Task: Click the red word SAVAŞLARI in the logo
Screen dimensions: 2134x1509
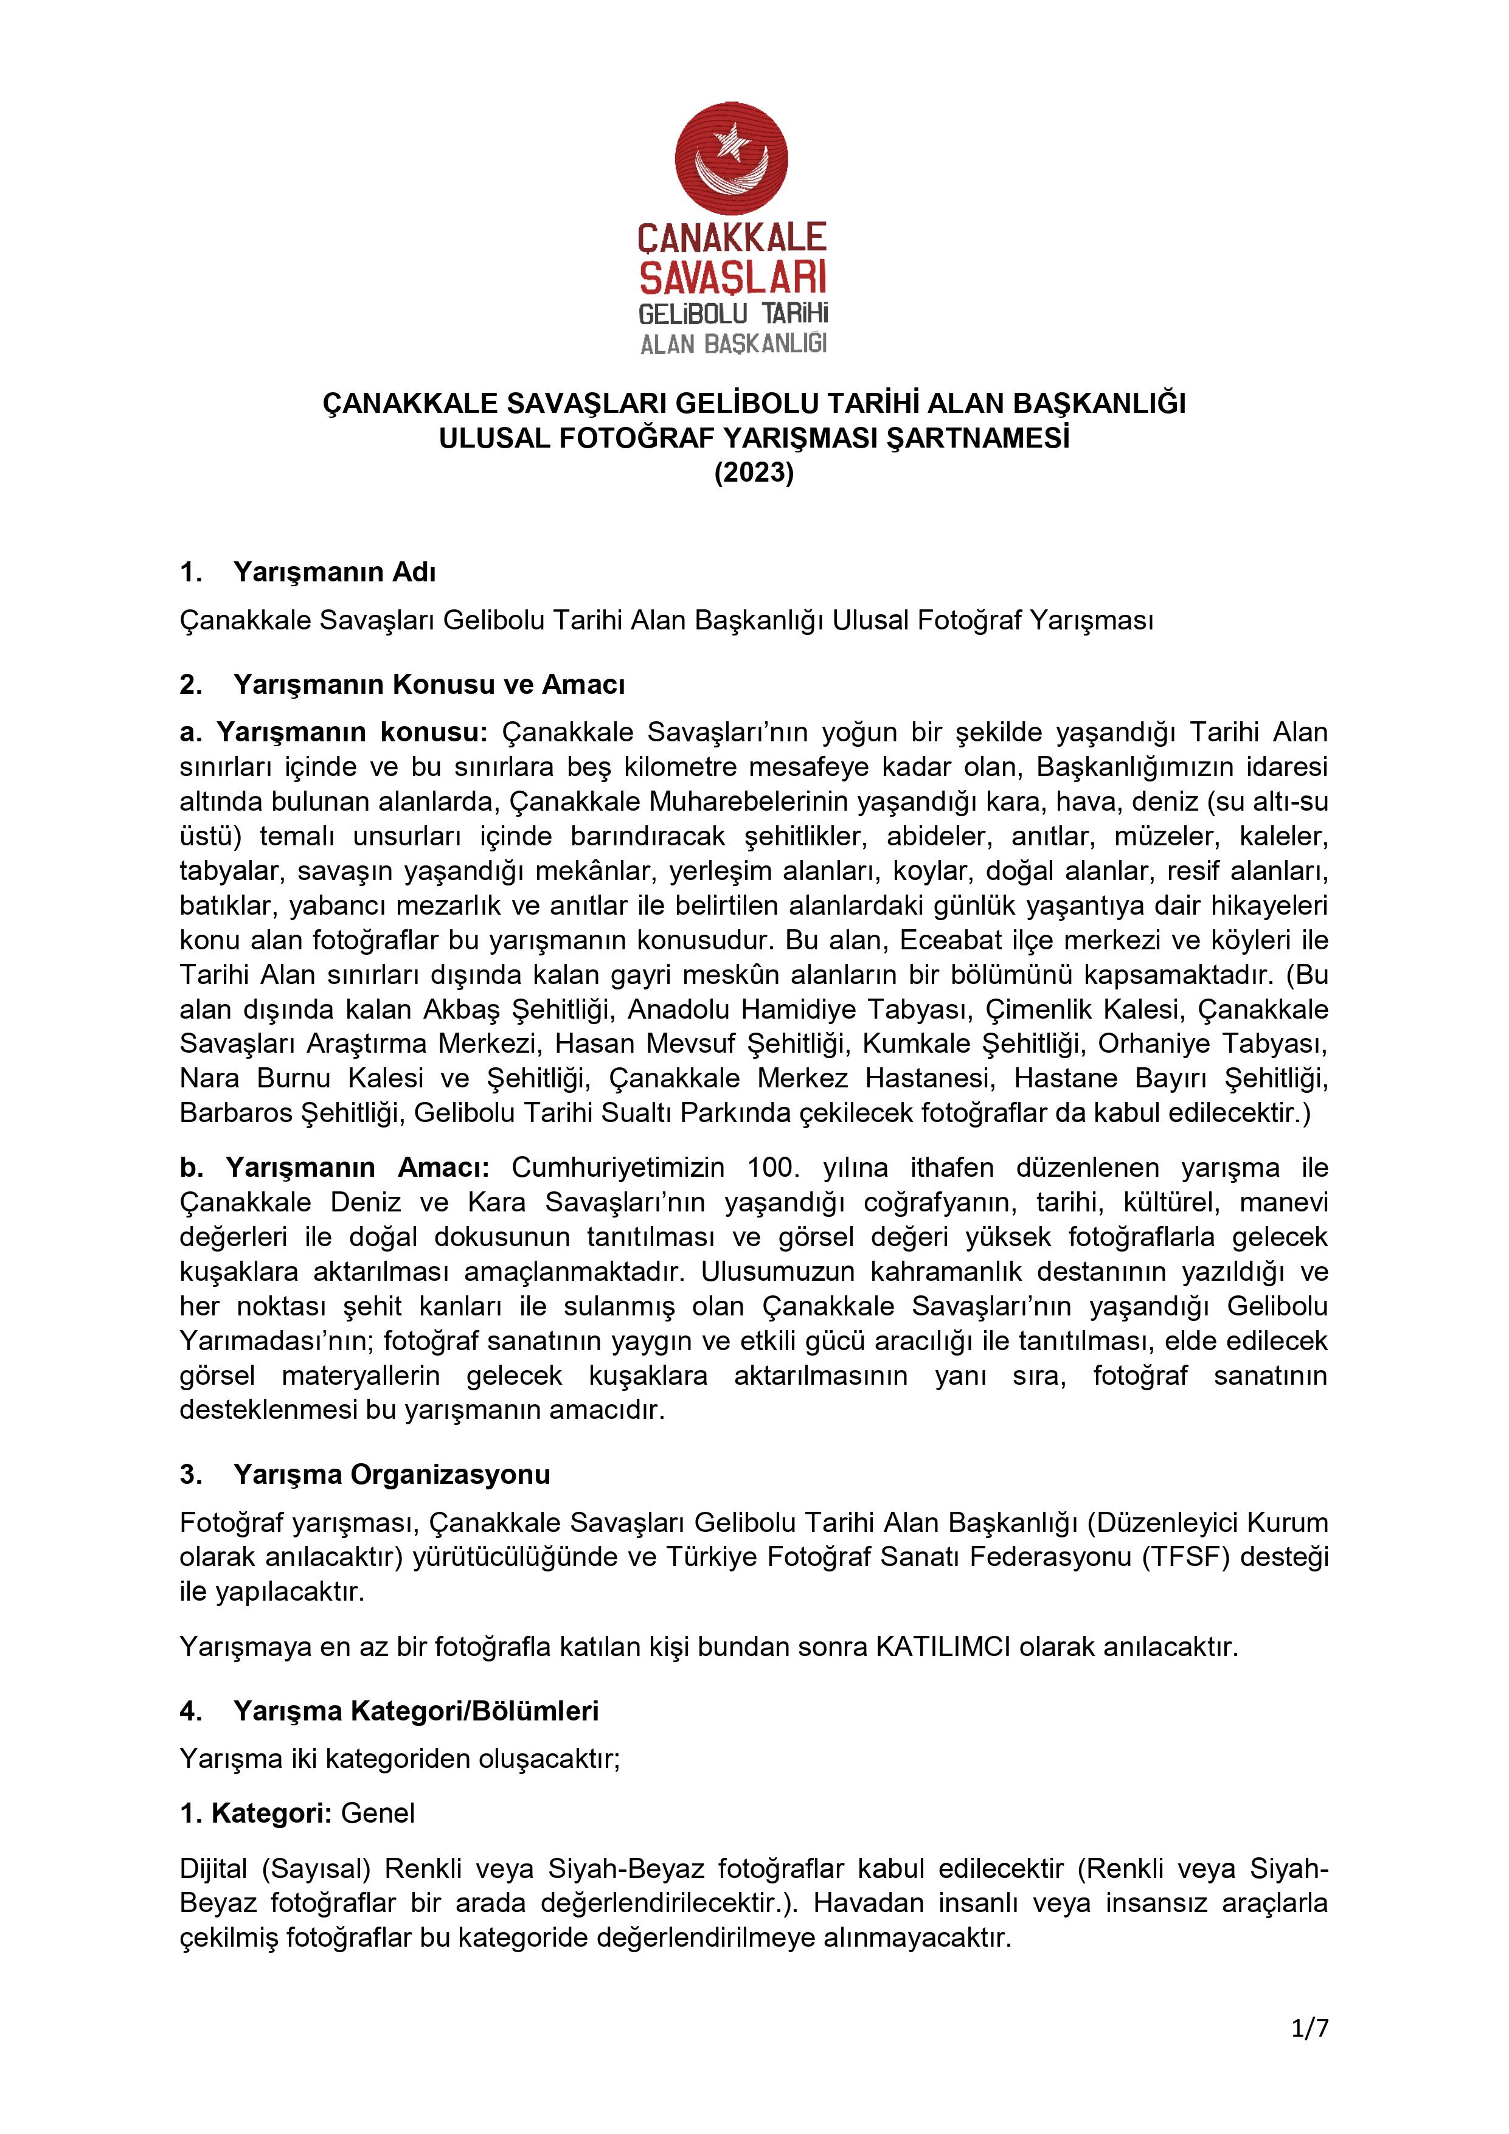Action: pos(733,277)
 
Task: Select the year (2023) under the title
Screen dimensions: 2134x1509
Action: pos(754,473)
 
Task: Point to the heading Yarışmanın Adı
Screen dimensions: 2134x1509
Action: pos(334,572)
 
